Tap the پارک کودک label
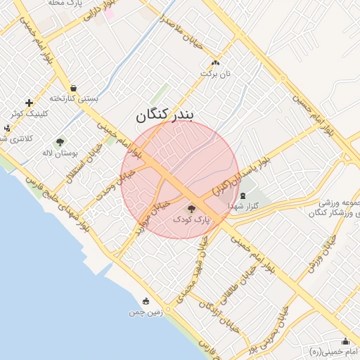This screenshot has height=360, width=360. (x=191, y=220)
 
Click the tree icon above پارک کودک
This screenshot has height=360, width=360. (x=191, y=209)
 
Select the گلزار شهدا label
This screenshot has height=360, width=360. (x=245, y=205)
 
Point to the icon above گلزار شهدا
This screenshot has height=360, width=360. (x=243, y=195)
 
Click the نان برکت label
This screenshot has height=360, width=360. (x=216, y=72)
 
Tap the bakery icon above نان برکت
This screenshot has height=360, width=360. (x=215, y=63)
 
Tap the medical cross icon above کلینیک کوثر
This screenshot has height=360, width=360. (x=28, y=103)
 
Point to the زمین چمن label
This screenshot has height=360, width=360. (x=146, y=311)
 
